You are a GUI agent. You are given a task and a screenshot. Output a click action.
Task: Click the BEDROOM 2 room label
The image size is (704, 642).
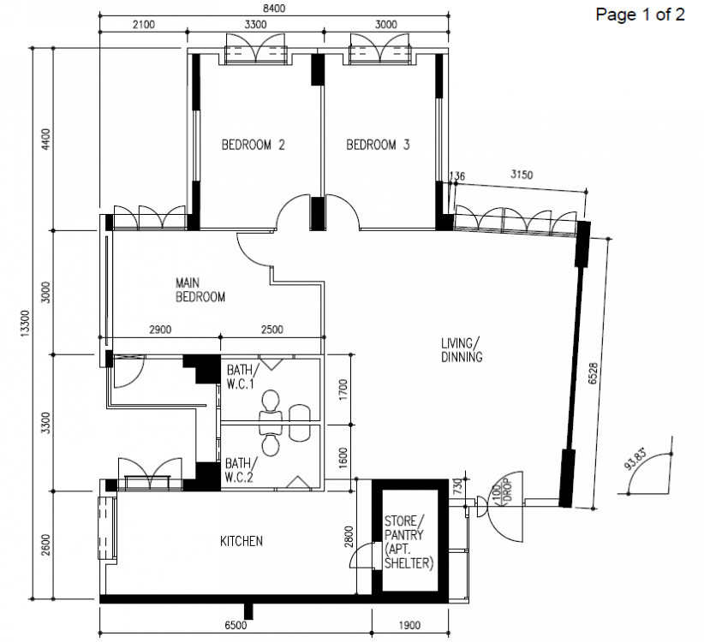pyautogui.click(x=253, y=146)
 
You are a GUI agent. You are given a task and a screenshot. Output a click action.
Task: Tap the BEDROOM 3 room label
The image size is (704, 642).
pyautogui.click(x=378, y=146)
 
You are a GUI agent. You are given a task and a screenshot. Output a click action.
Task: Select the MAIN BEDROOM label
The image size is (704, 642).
pyautogui.click(x=200, y=290)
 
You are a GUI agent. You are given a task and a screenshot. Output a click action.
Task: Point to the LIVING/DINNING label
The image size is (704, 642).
pyautogui.click(x=462, y=351)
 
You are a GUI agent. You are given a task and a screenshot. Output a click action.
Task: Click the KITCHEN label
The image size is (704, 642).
pyautogui.click(x=241, y=541)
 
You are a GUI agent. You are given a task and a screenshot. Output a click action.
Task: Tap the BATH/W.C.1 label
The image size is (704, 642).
pyautogui.click(x=240, y=377)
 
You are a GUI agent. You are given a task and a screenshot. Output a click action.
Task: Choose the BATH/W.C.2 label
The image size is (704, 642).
pyautogui.click(x=239, y=470)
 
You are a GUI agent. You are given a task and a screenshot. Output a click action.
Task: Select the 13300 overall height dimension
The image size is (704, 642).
pyautogui.click(x=22, y=325)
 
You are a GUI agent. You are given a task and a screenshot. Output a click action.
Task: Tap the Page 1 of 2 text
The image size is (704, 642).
pyautogui.click(x=640, y=15)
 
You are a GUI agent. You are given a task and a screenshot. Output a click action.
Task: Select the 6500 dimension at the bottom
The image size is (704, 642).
pyautogui.click(x=236, y=627)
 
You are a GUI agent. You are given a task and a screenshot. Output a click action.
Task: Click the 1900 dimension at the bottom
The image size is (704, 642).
pyautogui.click(x=409, y=627)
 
